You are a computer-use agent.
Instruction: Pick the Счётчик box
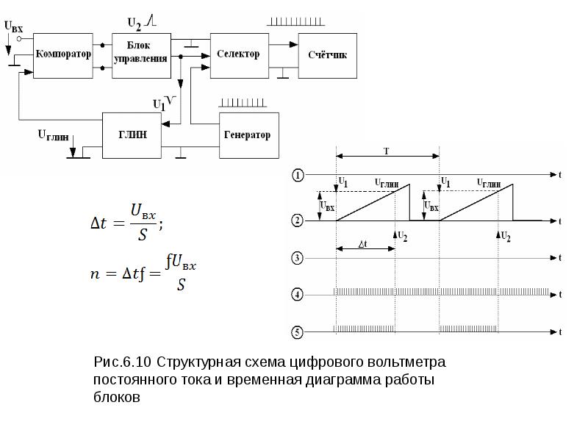[327, 55]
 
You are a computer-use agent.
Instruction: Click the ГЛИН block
[132, 135]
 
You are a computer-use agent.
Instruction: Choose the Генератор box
[248, 135]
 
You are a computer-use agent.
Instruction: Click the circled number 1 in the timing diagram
[297, 175]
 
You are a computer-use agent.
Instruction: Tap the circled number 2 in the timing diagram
[297, 220]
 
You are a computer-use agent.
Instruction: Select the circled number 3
[297, 258]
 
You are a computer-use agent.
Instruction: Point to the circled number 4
[297, 295]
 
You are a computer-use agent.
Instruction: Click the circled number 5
[297, 332]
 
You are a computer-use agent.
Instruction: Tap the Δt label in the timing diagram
[363, 243]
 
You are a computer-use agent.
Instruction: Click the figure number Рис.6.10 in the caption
[122, 363]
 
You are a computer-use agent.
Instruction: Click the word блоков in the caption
[115, 398]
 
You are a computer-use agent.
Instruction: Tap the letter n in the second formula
[94, 273]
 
